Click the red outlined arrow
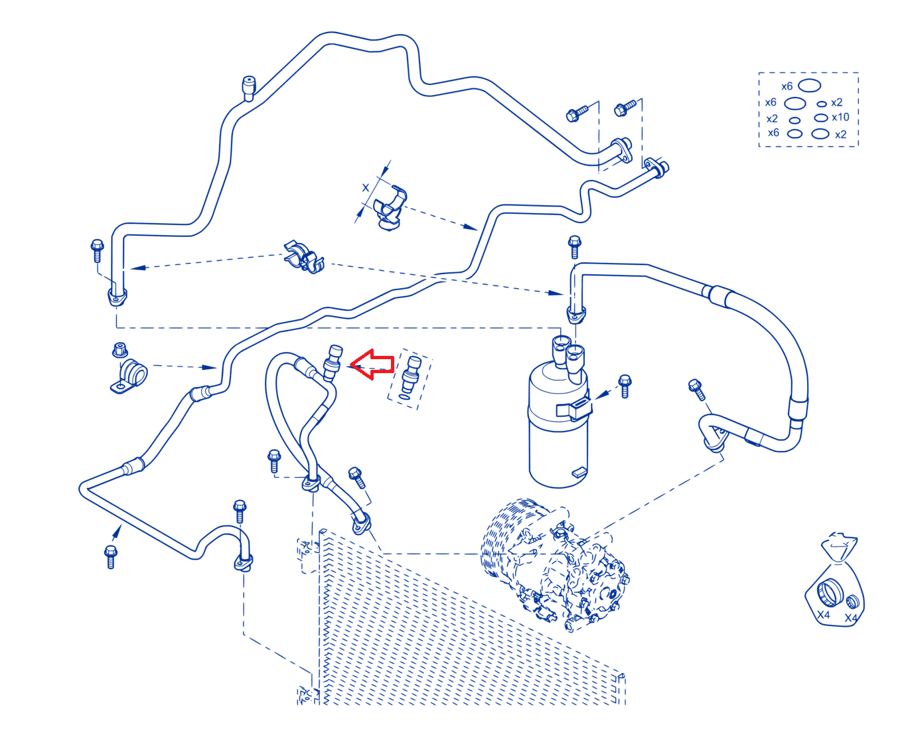pos(371,364)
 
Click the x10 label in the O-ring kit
pos(840,117)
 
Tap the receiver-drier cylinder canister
pos(558,423)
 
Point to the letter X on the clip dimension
pos(365,188)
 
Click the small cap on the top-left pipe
pos(249,87)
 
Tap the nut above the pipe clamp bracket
pos(120,349)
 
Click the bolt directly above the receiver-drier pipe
pos(575,246)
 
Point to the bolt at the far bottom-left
pos(111,556)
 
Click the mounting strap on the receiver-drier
pos(573,408)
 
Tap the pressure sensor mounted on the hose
pos(333,363)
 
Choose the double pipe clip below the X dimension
pos(304,257)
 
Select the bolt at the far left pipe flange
pos(97,250)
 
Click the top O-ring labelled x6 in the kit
pos(809,86)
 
